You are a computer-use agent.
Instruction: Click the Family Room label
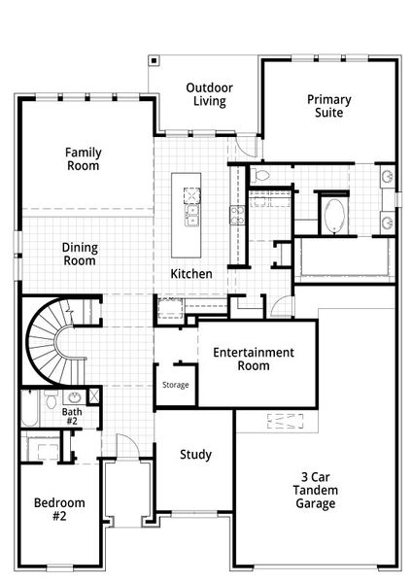click(84, 158)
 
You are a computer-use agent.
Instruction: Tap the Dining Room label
click(80, 254)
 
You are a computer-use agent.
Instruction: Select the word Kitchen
click(191, 274)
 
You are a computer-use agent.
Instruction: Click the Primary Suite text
click(329, 106)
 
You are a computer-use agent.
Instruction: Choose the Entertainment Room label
click(254, 359)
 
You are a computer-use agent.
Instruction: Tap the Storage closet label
click(176, 386)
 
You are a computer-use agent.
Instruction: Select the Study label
click(195, 454)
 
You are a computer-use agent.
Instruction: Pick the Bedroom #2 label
click(59, 509)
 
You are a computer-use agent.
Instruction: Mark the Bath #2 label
click(73, 417)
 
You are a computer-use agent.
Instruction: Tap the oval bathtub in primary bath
click(333, 215)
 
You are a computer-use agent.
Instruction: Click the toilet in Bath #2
click(51, 401)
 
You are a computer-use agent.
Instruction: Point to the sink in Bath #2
click(74, 397)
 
